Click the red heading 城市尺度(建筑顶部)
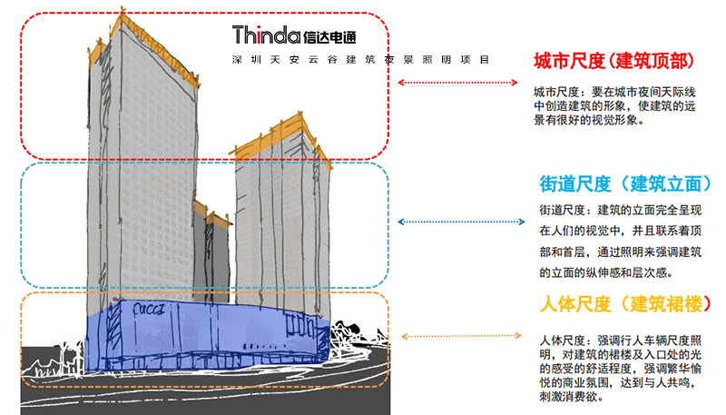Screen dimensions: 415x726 tap(613, 62)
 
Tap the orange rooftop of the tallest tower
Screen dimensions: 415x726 tap(145, 32)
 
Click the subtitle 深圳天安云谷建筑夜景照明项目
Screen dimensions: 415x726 tap(360, 60)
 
